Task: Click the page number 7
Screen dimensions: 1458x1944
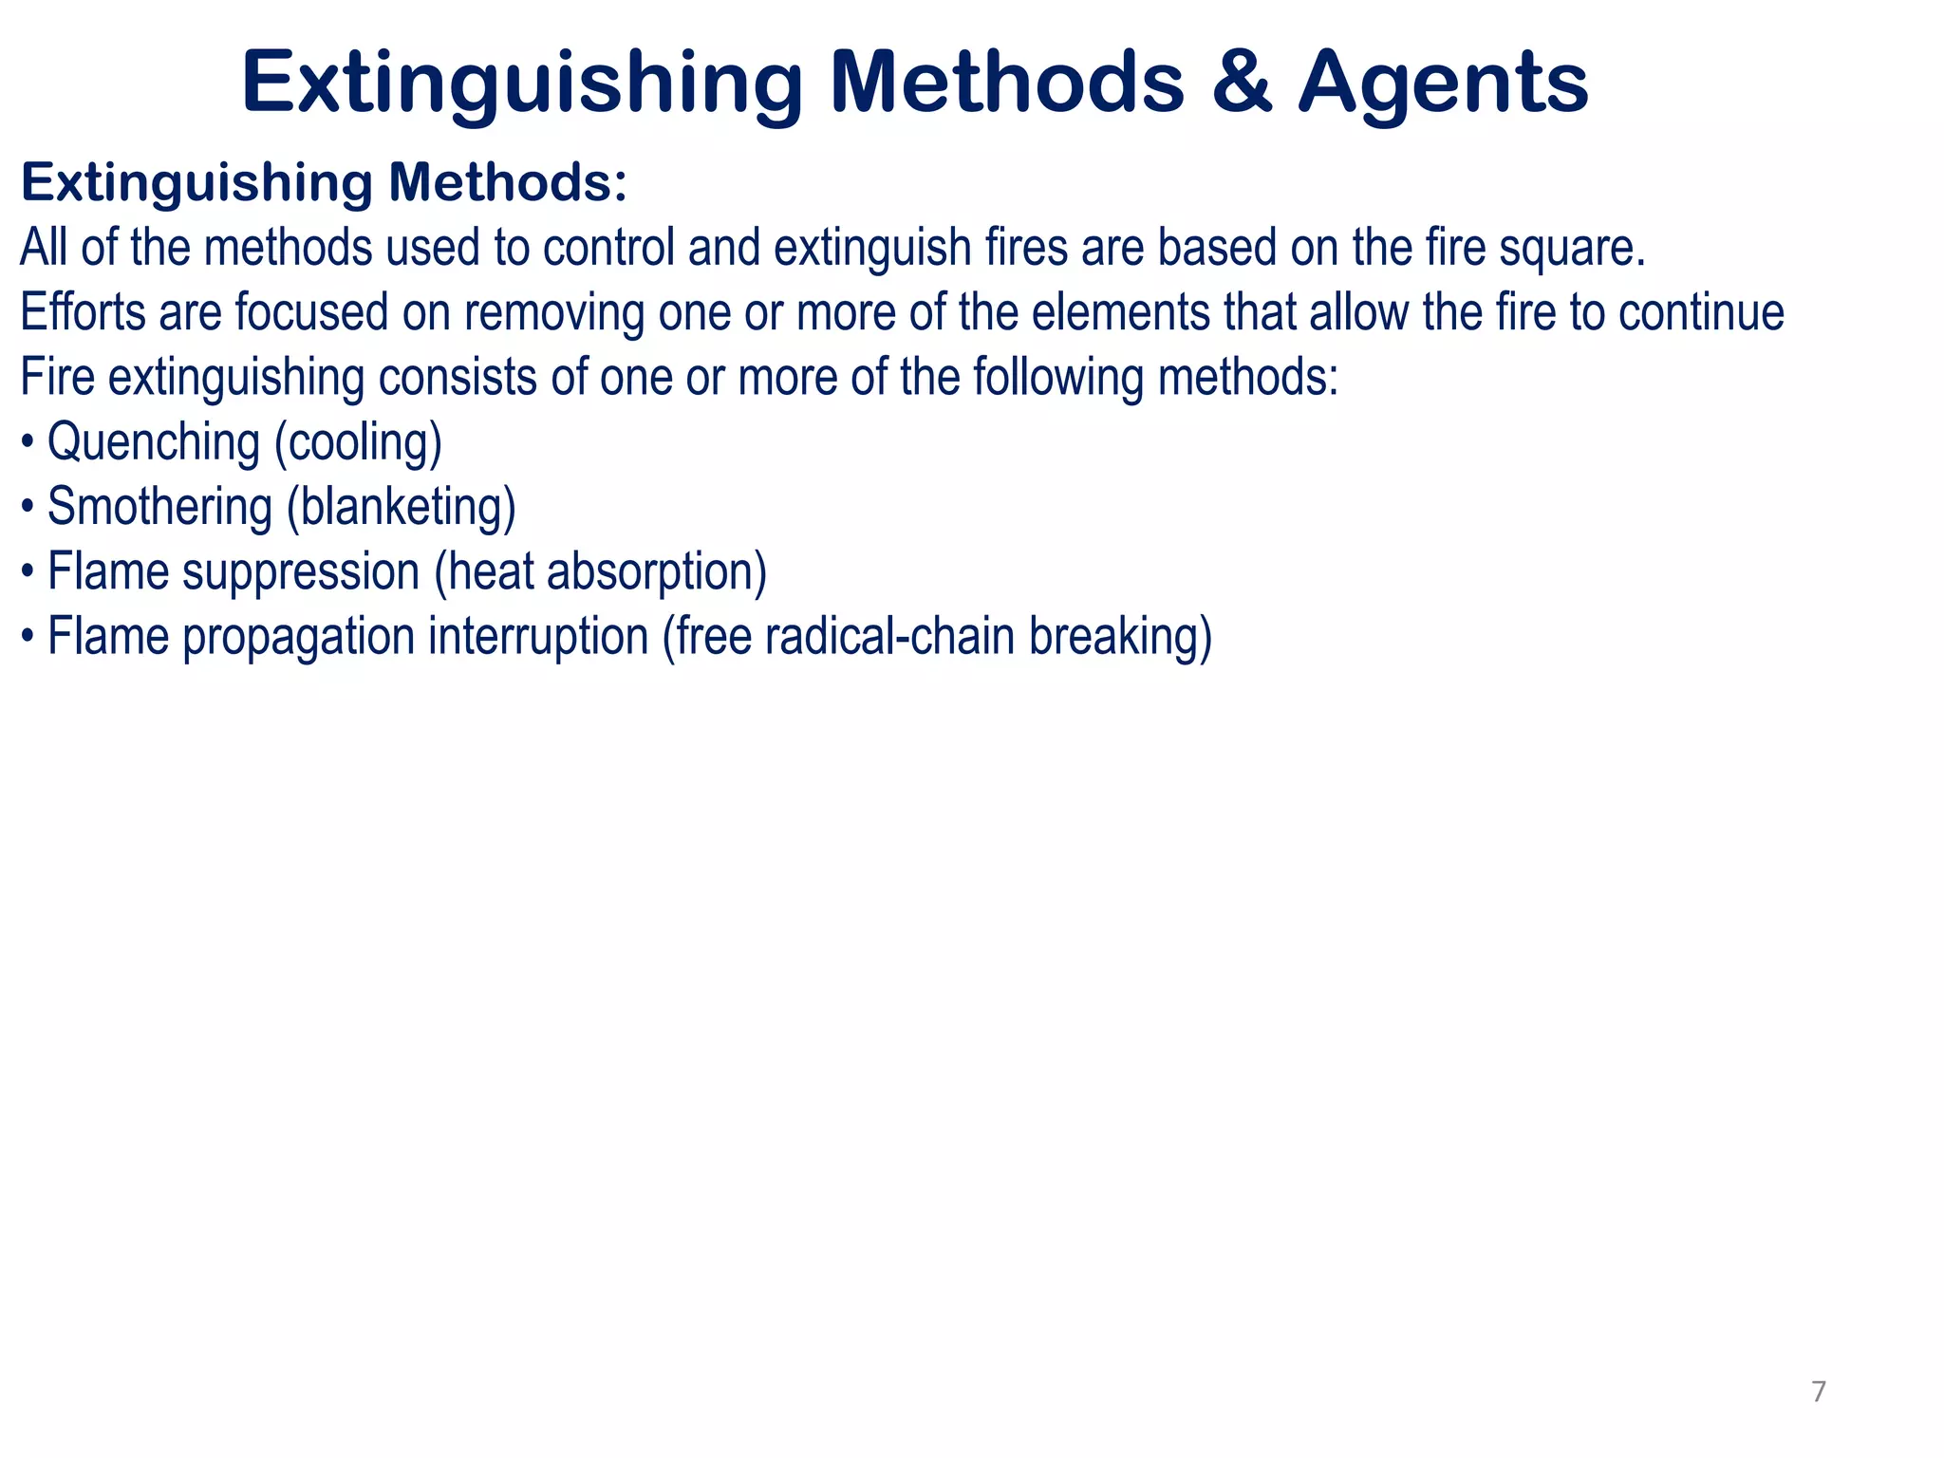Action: coord(1818,1392)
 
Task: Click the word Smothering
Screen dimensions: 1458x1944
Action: coord(159,507)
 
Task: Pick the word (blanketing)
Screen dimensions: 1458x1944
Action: coord(402,507)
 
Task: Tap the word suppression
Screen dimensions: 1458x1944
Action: coord(301,572)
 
